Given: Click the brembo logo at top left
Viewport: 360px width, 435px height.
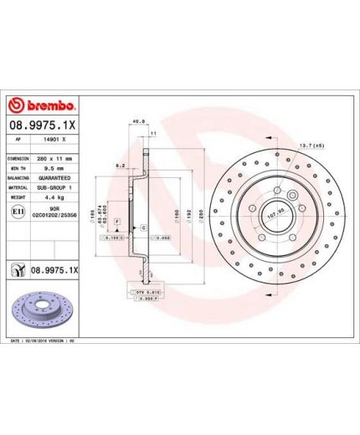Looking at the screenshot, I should (43, 105).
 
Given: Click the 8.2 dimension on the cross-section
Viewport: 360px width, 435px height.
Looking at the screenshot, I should (120, 166).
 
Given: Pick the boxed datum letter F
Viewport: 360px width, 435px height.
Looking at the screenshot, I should (117, 221).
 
